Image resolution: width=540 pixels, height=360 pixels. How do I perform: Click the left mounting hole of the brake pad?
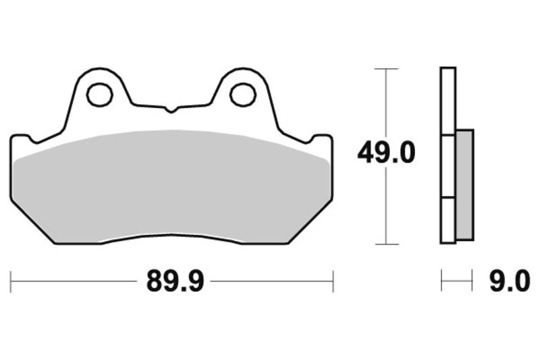click(x=99, y=95)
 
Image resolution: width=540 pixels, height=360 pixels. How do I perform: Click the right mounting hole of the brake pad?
click(x=242, y=95)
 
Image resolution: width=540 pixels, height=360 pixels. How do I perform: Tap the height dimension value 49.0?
click(x=386, y=153)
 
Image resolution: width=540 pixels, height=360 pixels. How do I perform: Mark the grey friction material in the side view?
click(x=464, y=184)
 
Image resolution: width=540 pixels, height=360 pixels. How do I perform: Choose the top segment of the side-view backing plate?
click(x=448, y=101)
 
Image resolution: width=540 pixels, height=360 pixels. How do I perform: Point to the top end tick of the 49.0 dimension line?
click(x=385, y=69)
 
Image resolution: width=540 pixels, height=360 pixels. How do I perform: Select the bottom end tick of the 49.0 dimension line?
click(x=385, y=243)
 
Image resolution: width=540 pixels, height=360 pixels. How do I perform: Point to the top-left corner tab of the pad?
click(x=20, y=140)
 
